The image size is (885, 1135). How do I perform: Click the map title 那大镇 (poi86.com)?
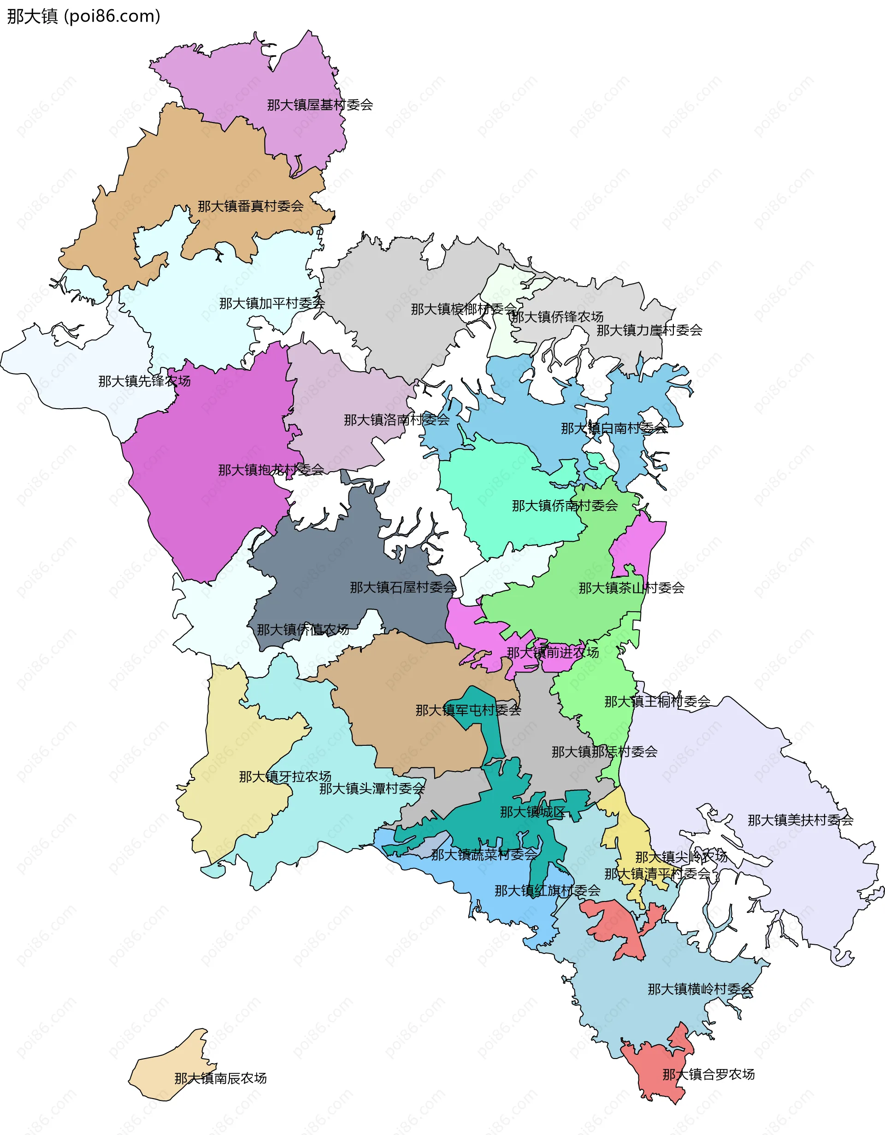coord(83,17)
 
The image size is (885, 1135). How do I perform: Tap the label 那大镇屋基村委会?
coord(320,105)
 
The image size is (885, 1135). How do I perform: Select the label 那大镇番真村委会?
coord(251,206)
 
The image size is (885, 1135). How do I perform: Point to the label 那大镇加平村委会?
coord(272,304)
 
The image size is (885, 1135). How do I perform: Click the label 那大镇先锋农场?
coord(145,381)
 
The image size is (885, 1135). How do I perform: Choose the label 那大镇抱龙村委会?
coord(271,470)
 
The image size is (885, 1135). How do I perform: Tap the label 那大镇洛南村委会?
coord(397,420)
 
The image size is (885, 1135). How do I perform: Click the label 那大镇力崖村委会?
coord(649,330)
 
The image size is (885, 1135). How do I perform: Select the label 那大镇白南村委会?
coord(614,429)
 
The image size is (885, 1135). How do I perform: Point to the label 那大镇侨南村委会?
coord(565,506)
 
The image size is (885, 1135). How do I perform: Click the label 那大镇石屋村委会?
coord(403,588)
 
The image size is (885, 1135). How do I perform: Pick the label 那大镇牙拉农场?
coord(285,777)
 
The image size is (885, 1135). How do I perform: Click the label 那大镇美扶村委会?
coord(800,820)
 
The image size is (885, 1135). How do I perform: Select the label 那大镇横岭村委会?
coord(701,989)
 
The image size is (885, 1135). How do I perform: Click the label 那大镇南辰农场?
coord(220,1079)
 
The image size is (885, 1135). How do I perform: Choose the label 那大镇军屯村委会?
coord(468,710)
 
